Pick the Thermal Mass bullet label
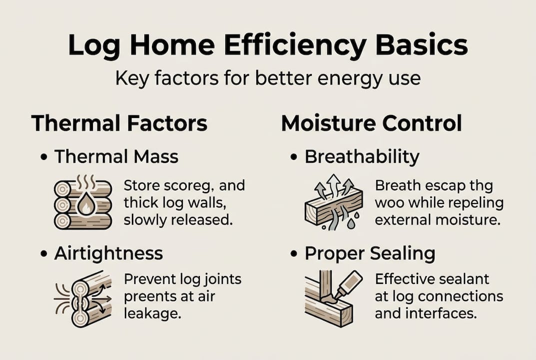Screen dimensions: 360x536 tap(116, 156)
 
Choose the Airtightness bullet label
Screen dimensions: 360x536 tap(108, 253)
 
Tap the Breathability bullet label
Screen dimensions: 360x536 tap(362, 156)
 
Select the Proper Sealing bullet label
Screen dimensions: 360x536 tap(370, 253)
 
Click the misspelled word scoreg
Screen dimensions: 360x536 tap(188, 186)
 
